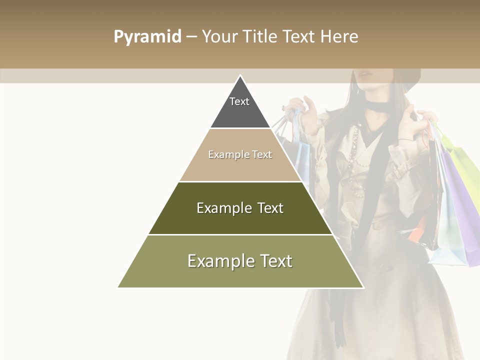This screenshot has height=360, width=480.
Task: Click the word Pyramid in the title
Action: click(147, 37)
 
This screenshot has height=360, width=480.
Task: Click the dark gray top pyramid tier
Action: click(240, 112)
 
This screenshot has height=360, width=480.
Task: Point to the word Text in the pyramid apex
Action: click(239, 101)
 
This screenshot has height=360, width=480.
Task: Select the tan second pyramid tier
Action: click(240, 167)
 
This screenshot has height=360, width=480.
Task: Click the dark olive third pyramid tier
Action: click(240, 220)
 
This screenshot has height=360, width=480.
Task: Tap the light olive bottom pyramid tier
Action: click(240, 275)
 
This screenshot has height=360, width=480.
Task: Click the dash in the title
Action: click(191, 37)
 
